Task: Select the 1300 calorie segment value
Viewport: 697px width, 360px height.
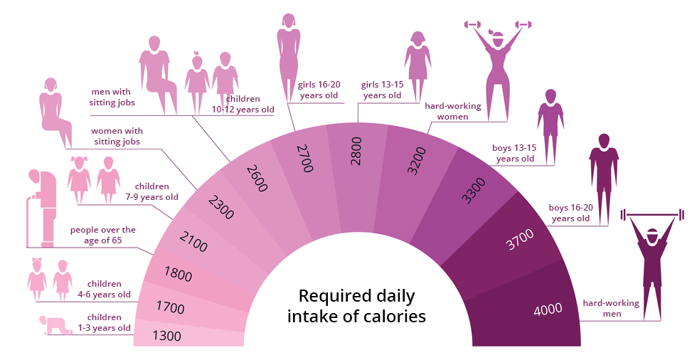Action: coord(166,336)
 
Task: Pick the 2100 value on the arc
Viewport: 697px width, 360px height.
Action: coord(193,241)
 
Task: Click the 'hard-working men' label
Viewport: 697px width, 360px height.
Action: coord(611,308)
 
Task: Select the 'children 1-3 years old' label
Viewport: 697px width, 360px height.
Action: coord(109,323)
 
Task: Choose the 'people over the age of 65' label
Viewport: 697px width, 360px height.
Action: coord(102,235)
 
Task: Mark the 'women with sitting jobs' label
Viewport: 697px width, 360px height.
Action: coord(117,136)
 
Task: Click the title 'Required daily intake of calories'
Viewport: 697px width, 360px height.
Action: coord(356,306)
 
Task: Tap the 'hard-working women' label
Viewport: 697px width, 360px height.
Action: coord(452,111)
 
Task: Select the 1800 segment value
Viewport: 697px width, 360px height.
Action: coord(178,274)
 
